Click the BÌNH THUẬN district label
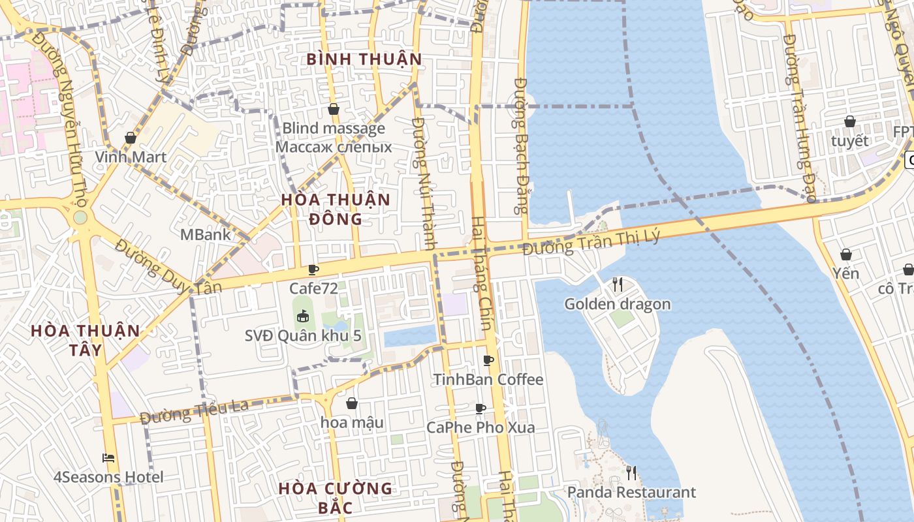tap(364, 59)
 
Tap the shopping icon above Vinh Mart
tap(131, 138)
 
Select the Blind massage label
tap(334, 129)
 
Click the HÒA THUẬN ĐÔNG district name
tap(336, 209)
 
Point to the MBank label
tap(205, 234)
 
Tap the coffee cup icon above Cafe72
tap(313, 269)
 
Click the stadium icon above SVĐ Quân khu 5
tap(303, 317)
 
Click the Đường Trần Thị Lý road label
tap(591, 243)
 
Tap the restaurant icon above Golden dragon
tap(618, 284)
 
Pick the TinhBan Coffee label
tap(488, 379)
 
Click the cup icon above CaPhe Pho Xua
tap(481, 408)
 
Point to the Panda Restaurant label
tap(631, 492)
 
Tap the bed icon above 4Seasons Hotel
tap(109, 458)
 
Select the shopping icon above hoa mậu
tap(352, 403)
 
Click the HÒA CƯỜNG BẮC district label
tap(336, 497)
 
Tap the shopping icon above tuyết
tap(849, 121)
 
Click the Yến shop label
tap(846, 273)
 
